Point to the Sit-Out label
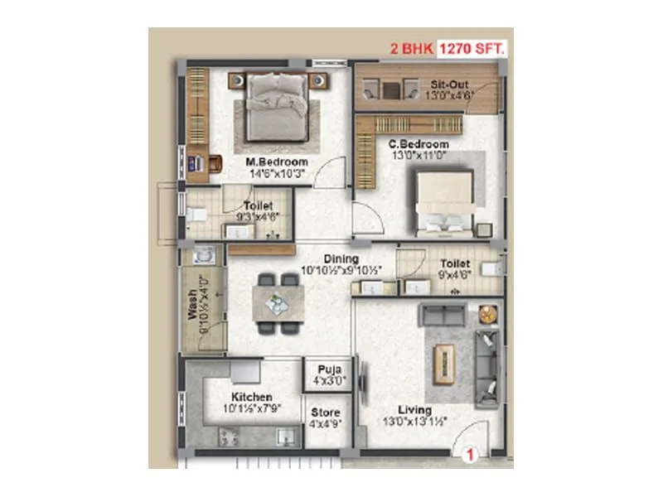448,84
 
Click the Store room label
326,412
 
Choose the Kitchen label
252,397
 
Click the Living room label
414,410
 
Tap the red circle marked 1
468,453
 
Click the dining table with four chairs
278,302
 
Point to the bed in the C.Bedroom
445,203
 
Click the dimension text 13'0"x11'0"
419,156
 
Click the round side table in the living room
486,315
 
